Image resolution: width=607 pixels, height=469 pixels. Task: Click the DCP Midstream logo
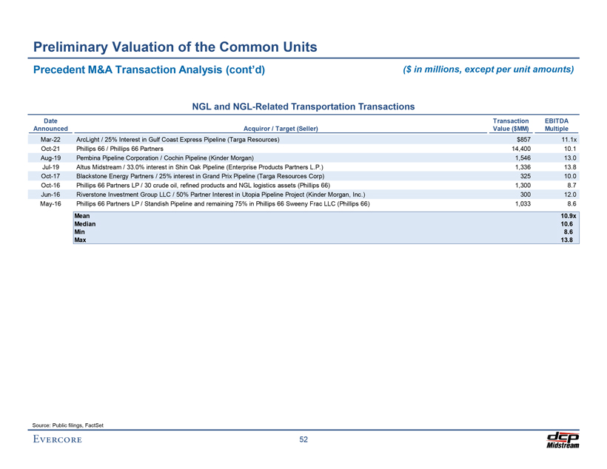tap(562, 439)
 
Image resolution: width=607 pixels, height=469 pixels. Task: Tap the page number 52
tap(303, 440)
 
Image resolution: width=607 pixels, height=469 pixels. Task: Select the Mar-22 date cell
tap(51, 139)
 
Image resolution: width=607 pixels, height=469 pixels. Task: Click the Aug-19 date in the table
tap(51, 158)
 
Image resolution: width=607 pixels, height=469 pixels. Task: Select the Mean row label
tap(83, 215)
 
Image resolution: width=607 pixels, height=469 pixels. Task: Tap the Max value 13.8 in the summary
tap(569, 240)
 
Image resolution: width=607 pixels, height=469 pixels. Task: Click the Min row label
tap(79, 232)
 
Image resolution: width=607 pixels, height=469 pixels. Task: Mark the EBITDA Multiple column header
tap(561, 124)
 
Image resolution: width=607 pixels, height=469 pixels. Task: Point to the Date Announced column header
tap(51, 124)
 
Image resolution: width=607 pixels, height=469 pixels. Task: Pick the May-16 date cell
tap(51, 203)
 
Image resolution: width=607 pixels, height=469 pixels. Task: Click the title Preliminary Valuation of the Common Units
tap(175, 48)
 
